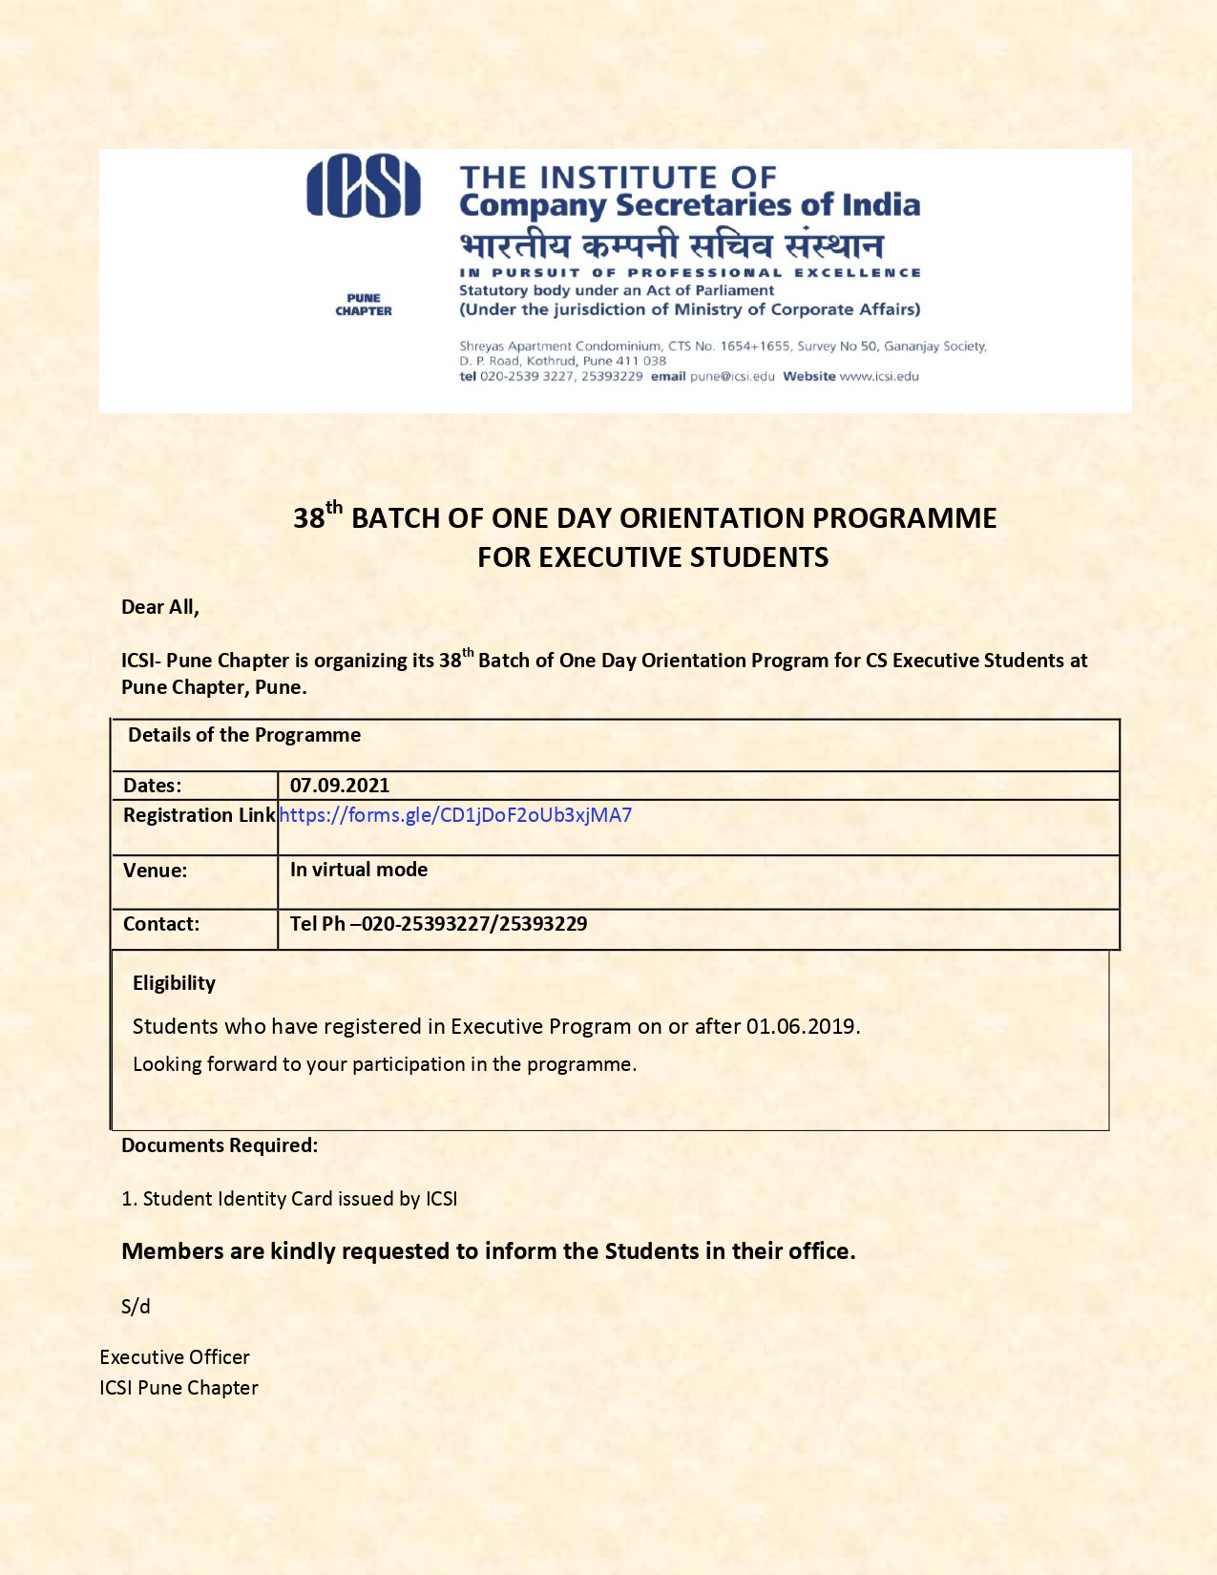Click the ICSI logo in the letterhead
point(363,187)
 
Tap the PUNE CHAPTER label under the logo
point(363,304)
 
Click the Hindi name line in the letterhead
point(671,245)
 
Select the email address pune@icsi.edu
point(732,376)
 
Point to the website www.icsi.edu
point(879,376)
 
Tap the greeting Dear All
point(159,607)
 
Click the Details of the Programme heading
point(244,735)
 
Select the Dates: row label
point(152,786)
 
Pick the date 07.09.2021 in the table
point(340,786)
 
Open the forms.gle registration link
point(455,815)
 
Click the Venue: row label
point(155,871)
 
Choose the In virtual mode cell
point(359,870)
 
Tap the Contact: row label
point(161,924)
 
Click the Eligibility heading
point(174,983)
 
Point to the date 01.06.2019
point(802,1027)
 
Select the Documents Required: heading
point(220,1145)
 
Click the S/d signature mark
point(136,1307)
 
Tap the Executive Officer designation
point(175,1357)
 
